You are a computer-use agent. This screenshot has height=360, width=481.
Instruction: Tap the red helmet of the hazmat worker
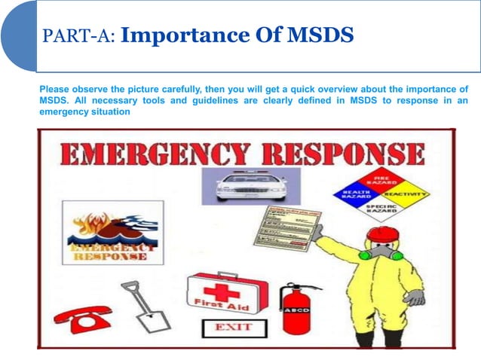coord(382,235)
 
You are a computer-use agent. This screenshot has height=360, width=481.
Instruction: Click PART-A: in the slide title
coord(78,35)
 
